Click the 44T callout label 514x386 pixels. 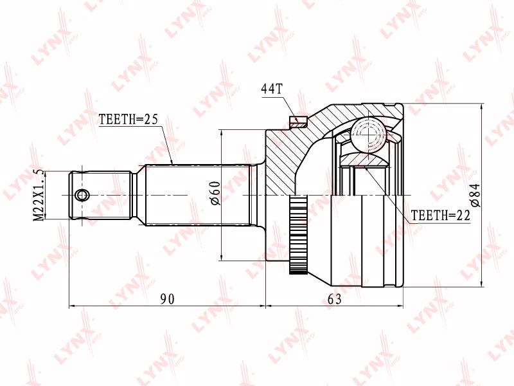coord(271,89)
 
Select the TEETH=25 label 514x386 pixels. coord(128,119)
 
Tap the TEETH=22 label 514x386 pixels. coord(441,216)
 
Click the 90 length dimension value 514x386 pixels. coord(168,299)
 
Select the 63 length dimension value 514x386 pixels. coord(334,299)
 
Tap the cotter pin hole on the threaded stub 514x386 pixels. coord(82,196)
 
